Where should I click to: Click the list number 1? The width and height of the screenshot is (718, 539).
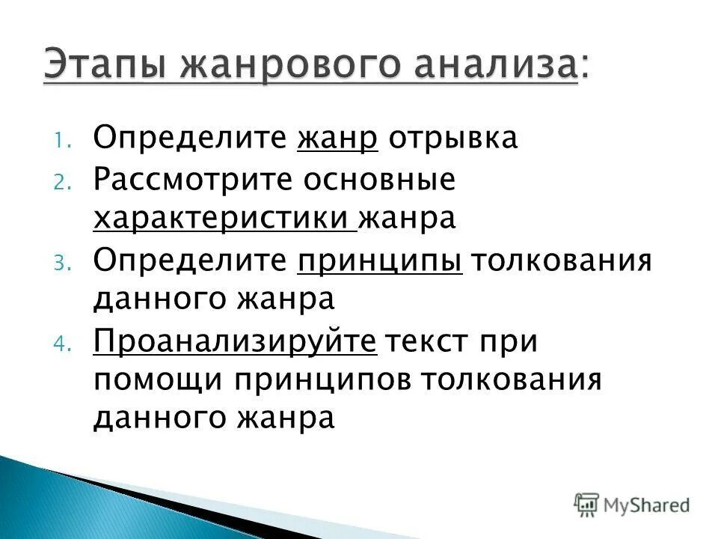[x=61, y=141]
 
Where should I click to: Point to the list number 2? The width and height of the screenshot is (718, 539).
[x=61, y=182]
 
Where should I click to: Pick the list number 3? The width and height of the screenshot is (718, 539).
[x=61, y=264]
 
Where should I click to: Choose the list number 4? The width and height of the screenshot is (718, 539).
[x=61, y=345]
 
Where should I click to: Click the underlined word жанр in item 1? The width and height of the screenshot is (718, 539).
[x=337, y=138]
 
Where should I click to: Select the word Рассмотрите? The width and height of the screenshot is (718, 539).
[x=193, y=180]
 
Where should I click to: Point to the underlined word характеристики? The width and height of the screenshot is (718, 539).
[x=221, y=219]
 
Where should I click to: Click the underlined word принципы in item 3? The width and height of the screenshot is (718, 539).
[x=379, y=262]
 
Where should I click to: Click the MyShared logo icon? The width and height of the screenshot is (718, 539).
[x=587, y=504]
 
